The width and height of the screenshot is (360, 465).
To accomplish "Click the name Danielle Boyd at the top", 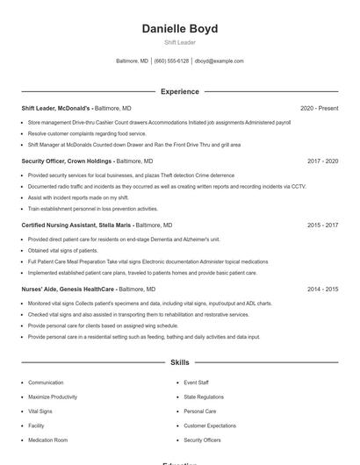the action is point(180,29).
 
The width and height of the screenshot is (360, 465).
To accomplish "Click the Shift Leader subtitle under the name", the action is point(180,42).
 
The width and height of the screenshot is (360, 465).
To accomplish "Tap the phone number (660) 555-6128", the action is point(171,61).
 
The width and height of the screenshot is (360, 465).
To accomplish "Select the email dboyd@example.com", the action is point(219,61).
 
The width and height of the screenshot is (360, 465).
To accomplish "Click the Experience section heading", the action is point(180,91).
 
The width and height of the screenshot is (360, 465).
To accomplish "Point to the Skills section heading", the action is point(180,362).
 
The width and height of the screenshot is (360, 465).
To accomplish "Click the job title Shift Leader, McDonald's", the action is point(55,108).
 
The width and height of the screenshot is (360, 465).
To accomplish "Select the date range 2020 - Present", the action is point(319,108).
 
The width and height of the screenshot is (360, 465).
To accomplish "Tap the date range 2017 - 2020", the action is point(322,161).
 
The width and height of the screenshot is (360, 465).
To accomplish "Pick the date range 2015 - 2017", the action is point(322,225).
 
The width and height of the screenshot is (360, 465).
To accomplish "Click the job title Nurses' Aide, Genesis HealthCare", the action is point(68,289).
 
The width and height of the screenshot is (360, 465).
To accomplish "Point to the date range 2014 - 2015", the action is point(322,289).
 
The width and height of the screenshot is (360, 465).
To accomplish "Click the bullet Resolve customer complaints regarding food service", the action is point(87,133).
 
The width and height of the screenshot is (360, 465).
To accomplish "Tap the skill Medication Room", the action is point(47,440).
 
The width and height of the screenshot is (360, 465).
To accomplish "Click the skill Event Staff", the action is point(196,383).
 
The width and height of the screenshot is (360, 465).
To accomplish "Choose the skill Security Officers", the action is point(202,440).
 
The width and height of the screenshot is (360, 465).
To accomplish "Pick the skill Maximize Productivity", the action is point(53,397).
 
